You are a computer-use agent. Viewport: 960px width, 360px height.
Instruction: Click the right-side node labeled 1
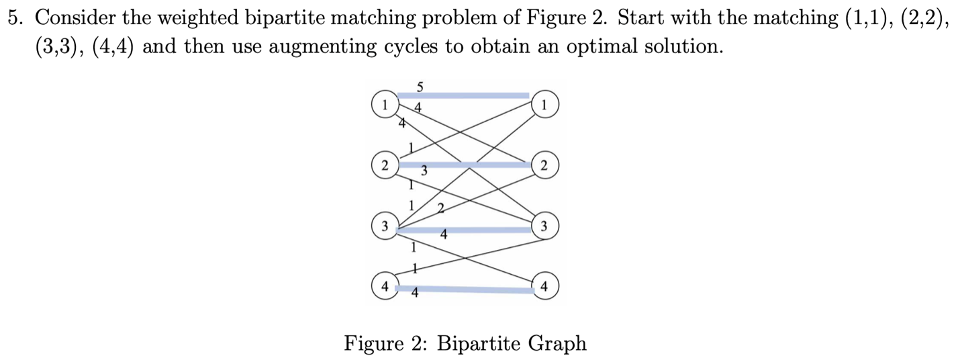(x=544, y=105)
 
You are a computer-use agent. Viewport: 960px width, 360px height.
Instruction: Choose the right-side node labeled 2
(x=544, y=165)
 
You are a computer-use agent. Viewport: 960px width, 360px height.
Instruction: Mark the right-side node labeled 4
(x=544, y=286)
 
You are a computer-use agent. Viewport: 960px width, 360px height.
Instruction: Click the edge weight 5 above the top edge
(x=420, y=87)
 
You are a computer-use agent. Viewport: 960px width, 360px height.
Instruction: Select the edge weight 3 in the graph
(x=424, y=173)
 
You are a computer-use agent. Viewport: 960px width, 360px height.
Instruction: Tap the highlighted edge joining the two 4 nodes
(x=470, y=289)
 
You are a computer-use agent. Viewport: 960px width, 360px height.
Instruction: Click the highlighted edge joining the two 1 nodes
(x=463, y=96)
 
